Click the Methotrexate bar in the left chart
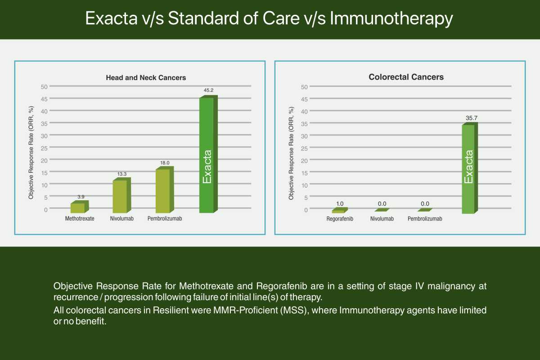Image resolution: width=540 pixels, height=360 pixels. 80,207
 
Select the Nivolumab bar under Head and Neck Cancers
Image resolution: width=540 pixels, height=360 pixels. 122,195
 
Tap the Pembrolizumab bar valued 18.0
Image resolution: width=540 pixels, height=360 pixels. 165,190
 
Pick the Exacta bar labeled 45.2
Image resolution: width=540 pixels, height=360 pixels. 208,154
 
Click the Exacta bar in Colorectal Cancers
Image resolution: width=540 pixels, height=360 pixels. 470,168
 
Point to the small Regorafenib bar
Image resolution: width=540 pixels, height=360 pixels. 340,210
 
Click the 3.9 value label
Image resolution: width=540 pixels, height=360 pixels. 81,197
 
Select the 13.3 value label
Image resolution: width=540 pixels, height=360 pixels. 122,174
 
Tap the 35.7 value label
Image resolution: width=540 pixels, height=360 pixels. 472,118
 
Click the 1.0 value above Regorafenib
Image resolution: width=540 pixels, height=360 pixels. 340,204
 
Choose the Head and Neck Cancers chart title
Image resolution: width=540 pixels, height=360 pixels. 146,78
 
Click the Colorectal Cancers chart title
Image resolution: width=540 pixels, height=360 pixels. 406,77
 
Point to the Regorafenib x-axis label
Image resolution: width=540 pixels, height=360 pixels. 340,219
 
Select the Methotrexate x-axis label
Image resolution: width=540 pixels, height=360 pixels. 80,218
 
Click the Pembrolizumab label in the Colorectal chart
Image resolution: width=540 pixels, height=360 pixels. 425,219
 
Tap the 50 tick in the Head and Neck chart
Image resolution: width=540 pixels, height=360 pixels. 44,87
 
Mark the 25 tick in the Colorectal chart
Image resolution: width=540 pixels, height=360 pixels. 304,148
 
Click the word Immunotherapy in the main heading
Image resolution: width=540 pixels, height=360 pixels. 391,19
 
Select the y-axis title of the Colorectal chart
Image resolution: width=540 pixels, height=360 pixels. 291,153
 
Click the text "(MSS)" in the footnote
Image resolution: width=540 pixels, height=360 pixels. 295,310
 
